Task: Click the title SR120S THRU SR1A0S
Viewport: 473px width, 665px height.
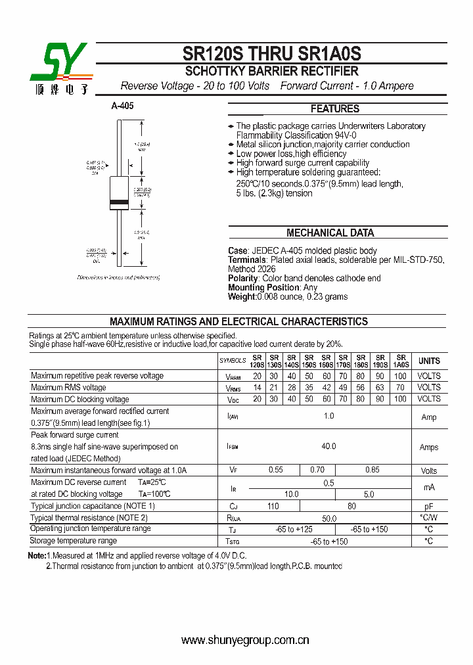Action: coord(271,54)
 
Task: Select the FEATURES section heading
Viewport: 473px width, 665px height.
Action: coord(335,109)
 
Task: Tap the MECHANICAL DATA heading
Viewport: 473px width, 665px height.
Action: coord(330,233)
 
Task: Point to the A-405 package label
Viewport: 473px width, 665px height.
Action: coord(122,106)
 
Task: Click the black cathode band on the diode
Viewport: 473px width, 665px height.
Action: coord(119,200)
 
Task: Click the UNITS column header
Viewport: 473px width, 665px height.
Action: coord(429,361)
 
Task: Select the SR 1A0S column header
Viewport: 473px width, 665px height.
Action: coord(400,361)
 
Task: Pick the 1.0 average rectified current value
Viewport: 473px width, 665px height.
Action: coord(328,417)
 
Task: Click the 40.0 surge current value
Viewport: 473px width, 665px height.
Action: coord(328,447)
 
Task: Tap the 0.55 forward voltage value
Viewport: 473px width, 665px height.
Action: coord(275,470)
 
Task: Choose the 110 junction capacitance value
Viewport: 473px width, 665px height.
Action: coord(273,507)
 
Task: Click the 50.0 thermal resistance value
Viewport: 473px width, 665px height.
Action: coord(328,518)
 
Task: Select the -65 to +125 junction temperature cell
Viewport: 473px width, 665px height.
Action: coord(294,530)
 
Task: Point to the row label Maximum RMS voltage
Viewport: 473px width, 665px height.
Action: coord(68,388)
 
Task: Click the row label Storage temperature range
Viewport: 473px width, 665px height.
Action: coord(74,541)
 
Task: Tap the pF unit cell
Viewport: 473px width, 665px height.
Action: coord(429,507)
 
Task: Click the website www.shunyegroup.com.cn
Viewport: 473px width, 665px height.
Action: coord(244,640)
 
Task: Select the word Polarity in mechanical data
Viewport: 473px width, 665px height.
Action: coord(243,279)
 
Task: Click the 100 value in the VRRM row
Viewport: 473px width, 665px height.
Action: coord(400,376)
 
